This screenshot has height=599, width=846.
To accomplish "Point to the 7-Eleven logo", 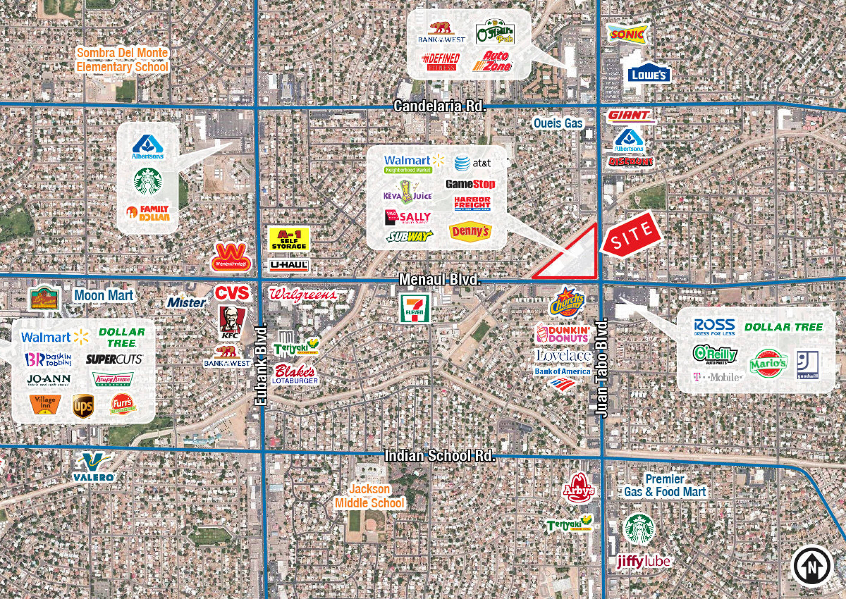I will pyautogui.click(x=415, y=308).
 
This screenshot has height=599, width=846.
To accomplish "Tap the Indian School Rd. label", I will pyautogui.click(x=439, y=456).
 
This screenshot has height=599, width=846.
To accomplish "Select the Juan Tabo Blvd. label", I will pyautogui.click(x=601, y=368).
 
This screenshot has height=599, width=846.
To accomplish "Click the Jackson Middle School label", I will pyautogui.click(x=369, y=496).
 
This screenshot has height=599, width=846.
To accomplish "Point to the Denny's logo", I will pyautogui.click(x=471, y=232).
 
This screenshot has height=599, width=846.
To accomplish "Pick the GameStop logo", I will pyautogui.click(x=470, y=184).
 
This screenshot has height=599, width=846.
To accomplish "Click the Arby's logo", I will pyautogui.click(x=578, y=489).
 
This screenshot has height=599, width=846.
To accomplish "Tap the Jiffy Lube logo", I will pyautogui.click(x=644, y=562).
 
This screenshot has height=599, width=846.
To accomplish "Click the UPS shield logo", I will pyautogui.click(x=83, y=406).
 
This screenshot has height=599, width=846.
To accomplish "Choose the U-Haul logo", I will pyautogui.click(x=289, y=265).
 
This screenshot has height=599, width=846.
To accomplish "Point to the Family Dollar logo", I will pyautogui.click(x=148, y=213).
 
